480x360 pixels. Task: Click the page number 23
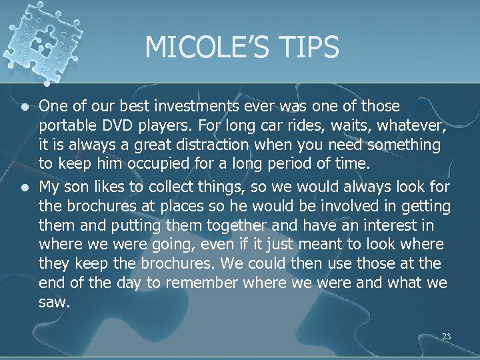tap(446, 337)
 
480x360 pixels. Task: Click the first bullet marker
tap(24, 107)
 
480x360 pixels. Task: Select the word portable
tap(66, 126)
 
